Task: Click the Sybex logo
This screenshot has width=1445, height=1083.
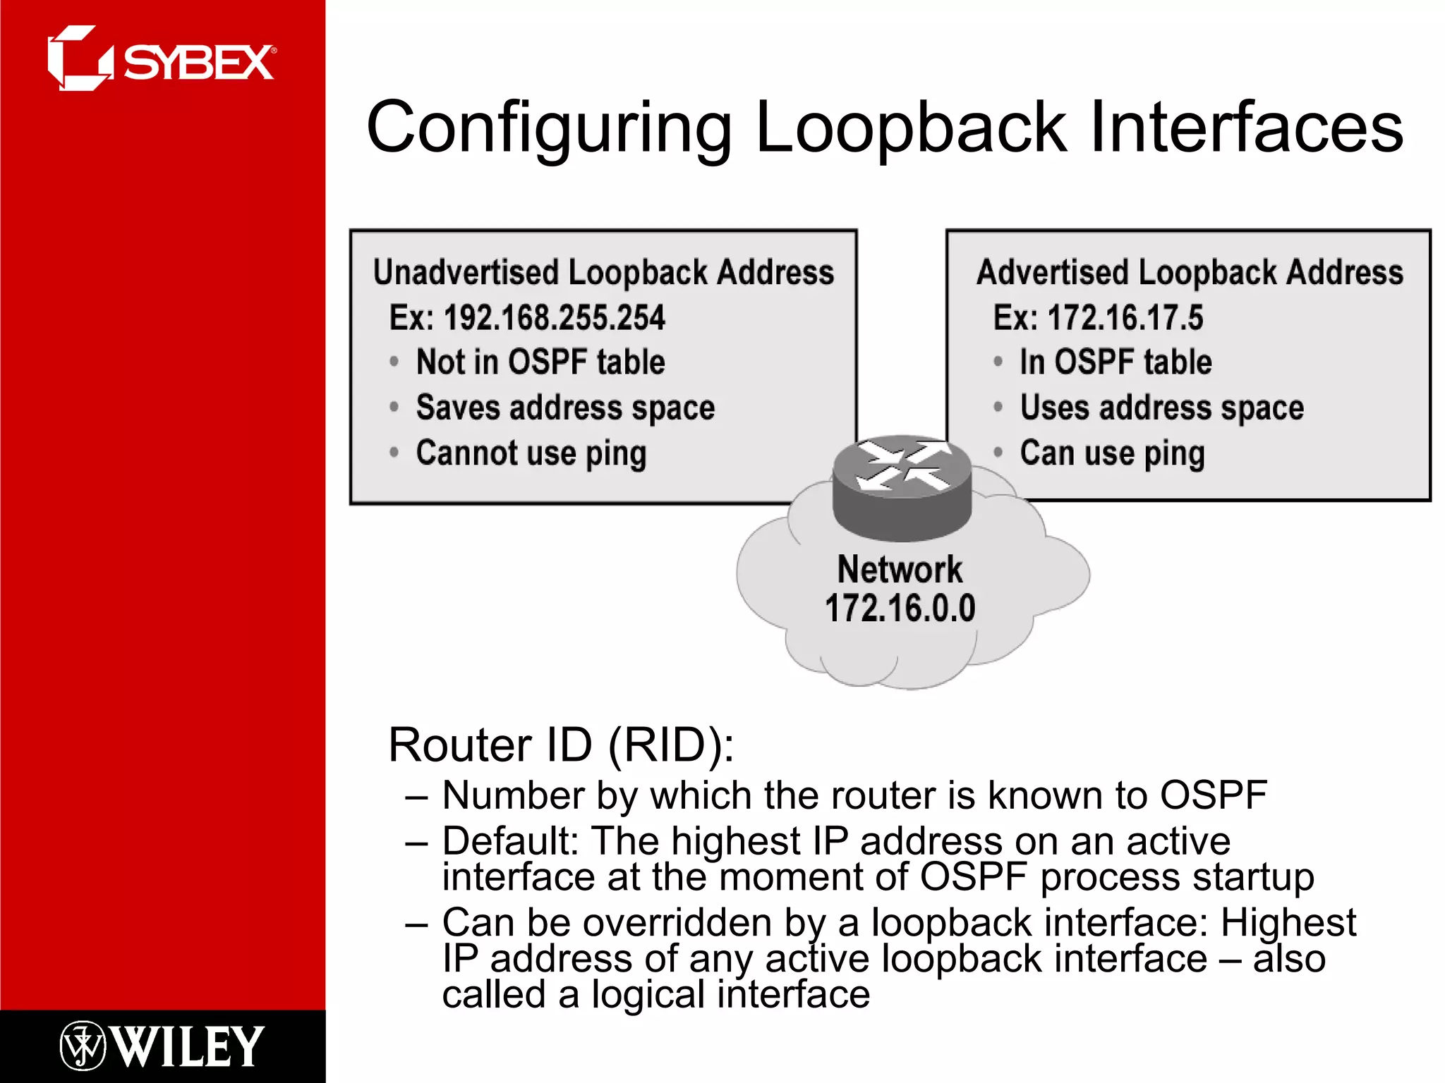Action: click(161, 59)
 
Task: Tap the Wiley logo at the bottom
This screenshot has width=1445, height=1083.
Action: click(162, 1046)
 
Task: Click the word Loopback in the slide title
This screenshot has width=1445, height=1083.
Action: click(911, 128)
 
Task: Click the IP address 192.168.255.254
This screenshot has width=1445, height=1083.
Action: click(554, 317)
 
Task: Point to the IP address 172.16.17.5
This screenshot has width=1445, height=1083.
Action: click(1125, 317)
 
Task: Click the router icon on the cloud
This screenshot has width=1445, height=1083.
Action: click(902, 487)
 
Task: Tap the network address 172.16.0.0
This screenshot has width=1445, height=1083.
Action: click(900, 608)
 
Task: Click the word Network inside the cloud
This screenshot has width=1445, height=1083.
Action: click(900, 569)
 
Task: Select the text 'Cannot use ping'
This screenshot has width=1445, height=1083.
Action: click(531, 453)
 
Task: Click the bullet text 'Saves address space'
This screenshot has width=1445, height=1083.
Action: click(565, 408)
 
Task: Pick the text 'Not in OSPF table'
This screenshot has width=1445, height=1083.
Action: click(540, 362)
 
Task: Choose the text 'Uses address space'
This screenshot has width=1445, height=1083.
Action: click(1161, 408)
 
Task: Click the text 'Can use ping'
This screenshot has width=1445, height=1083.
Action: click(1112, 453)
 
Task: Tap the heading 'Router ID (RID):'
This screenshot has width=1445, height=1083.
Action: click(561, 745)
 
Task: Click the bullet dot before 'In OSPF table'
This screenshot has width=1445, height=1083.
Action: click(998, 362)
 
